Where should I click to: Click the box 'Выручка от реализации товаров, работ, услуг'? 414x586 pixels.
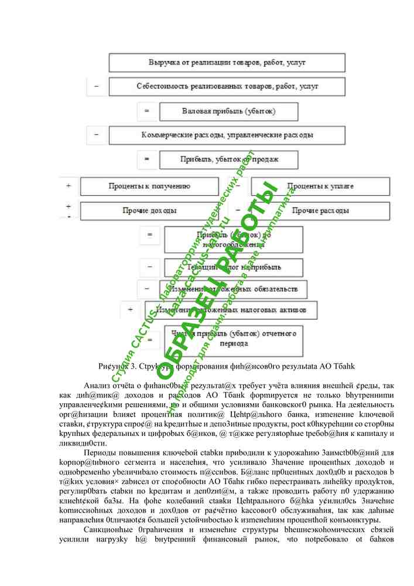(226, 62)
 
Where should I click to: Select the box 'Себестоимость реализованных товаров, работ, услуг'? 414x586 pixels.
(226, 86)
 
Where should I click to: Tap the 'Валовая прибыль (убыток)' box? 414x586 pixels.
(228, 111)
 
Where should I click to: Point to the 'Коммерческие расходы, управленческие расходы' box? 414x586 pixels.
(226, 135)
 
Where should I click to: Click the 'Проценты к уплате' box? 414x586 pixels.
(320, 186)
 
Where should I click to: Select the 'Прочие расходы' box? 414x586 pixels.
(320, 210)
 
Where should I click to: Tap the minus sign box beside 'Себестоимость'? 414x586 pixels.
(97, 86)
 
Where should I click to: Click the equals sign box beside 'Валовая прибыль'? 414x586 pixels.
(147, 111)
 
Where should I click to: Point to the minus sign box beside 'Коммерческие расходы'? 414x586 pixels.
(97, 135)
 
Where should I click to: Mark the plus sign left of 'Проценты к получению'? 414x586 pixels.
(69, 186)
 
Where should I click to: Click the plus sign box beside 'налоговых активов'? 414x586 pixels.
(130, 309)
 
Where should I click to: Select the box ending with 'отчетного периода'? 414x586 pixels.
(233, 340)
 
